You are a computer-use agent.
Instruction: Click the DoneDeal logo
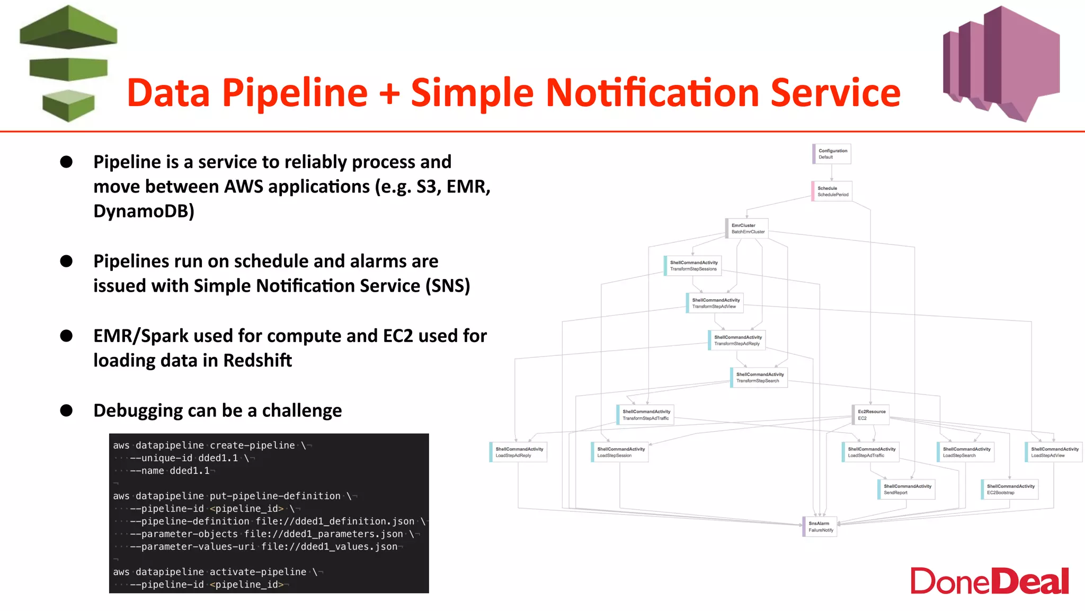coord(989,581)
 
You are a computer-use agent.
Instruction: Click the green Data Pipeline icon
coord(68,64)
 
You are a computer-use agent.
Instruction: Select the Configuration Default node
coord(832,154)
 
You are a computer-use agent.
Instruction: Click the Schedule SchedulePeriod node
coord(832,191)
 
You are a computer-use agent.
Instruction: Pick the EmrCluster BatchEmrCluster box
coord(747,229)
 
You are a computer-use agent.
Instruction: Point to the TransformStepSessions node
coord(693,266)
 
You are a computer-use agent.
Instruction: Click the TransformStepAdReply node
coord(737,341)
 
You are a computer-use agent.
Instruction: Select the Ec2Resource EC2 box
coord(870,415)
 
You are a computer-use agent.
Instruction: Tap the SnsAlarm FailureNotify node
coord(820,527)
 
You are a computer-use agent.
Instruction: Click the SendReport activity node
coord(906,490)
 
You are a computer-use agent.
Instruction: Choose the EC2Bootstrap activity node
coord(1010,490)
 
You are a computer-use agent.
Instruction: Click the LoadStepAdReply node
coord(518,452)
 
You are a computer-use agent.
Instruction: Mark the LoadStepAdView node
coord(1054,452)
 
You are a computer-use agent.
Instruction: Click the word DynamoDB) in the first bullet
coord(144,211)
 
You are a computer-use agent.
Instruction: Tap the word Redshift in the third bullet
coord(257,361)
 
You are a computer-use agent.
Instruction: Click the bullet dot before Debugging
coord(66,411)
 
